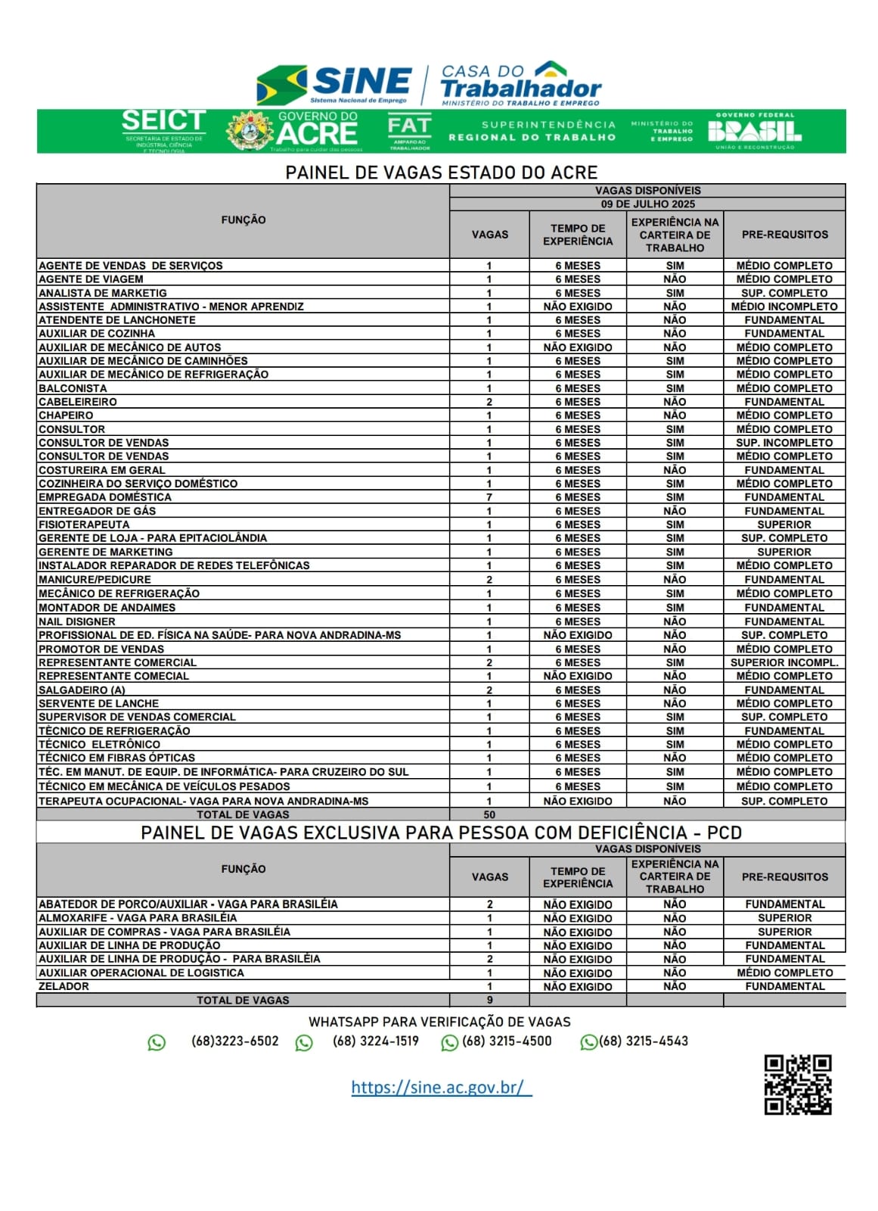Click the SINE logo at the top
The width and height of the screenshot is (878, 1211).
click(335, 84)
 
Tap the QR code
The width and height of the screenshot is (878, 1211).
click(797, 1085)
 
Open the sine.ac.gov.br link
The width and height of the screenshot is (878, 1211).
click(441, 1088)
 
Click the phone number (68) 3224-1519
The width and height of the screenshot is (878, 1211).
click(375, 1041)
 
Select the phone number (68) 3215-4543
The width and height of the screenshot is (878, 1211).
click(644, 1041)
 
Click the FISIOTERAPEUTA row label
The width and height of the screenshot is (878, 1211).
click(84, 525)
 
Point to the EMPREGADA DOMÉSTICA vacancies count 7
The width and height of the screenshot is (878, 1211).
click(489, 497)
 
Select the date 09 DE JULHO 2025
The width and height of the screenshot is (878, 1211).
click(647, 204)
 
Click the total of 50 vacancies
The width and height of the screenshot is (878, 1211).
click(489, 815)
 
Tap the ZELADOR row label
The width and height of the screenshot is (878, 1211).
click(64, 986)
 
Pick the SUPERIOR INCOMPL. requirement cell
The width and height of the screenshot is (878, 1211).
click(784, 662)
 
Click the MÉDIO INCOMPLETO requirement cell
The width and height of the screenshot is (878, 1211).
click(784, 307)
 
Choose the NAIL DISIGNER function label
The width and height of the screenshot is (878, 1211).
click(77, 621)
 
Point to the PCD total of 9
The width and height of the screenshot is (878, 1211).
click(489, 1000)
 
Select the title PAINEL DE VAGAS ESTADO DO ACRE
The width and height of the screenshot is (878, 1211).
click(441, 173)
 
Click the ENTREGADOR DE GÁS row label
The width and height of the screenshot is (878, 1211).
click(97, 511)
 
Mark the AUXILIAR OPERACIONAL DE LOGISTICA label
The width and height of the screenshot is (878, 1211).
click(141, 973)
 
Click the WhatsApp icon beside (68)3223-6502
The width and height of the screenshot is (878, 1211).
click(157, 1042)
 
